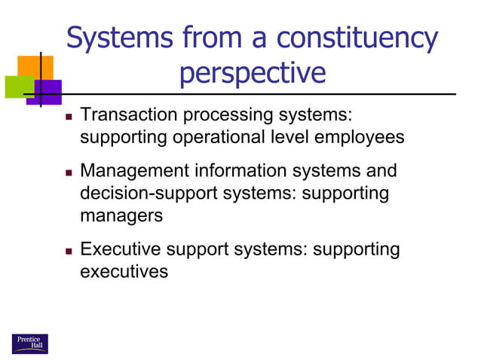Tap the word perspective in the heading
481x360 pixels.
[253, 73]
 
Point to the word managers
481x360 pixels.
[121, 216]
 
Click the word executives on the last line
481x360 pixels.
[124, 272]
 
